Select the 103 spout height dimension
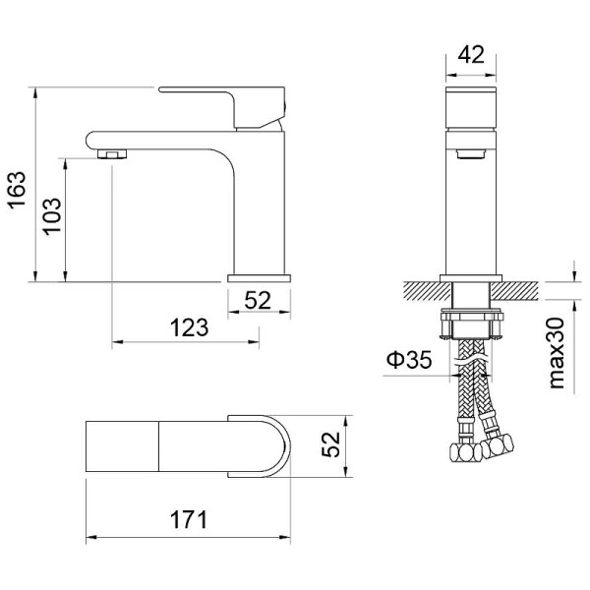tap(52, 218)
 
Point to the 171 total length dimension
tap(188, 519)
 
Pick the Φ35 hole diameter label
tap(409, 361)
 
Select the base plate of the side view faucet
tap(261, 278)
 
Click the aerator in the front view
tap(471, 152)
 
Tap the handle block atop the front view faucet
tap(470, 108)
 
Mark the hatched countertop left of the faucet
tap(423, 289)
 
